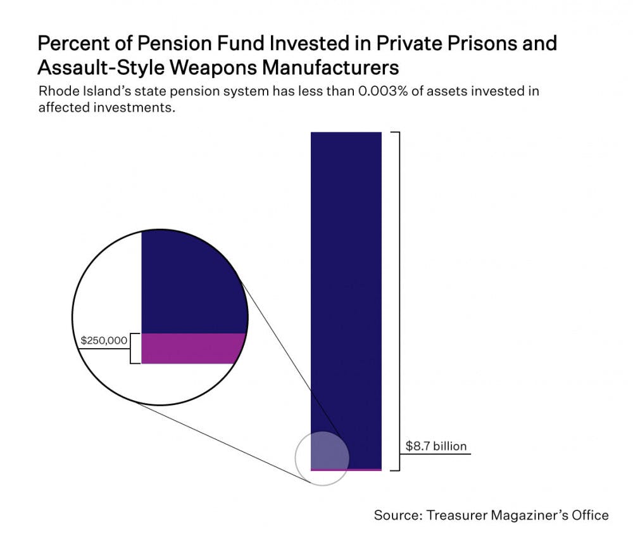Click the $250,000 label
click(104, 340)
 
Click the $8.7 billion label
click(436, 446)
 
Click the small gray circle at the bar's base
click(322, 458)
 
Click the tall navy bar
click(346, 285)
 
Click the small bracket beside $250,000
click(134, 348)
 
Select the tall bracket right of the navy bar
click(397, 301)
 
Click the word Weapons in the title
click(235, 67)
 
